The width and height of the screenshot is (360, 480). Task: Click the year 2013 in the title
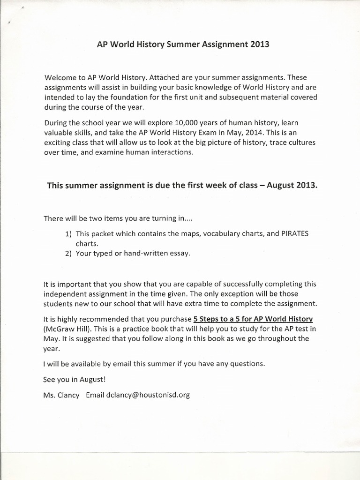coord(260,45)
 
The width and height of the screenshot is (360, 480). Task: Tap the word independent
coord(66,293)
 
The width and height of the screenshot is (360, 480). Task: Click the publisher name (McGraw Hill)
coord(66,328)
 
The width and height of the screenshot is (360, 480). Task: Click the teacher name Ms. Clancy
coord(61,395)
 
